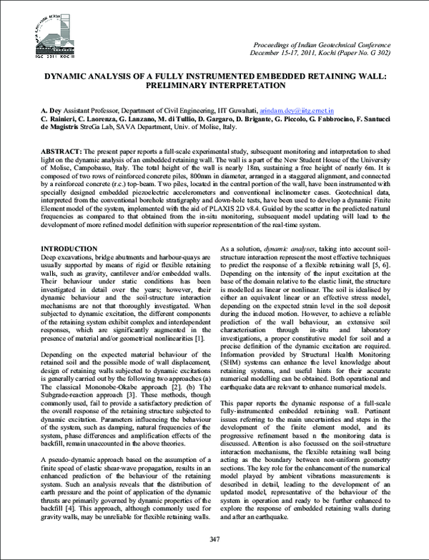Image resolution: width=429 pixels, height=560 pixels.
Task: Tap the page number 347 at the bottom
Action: (x=214, y=538)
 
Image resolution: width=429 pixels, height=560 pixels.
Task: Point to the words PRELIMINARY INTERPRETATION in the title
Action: (x=214, y=85)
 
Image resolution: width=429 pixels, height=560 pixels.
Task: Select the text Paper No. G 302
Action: (x=355, y=54)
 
